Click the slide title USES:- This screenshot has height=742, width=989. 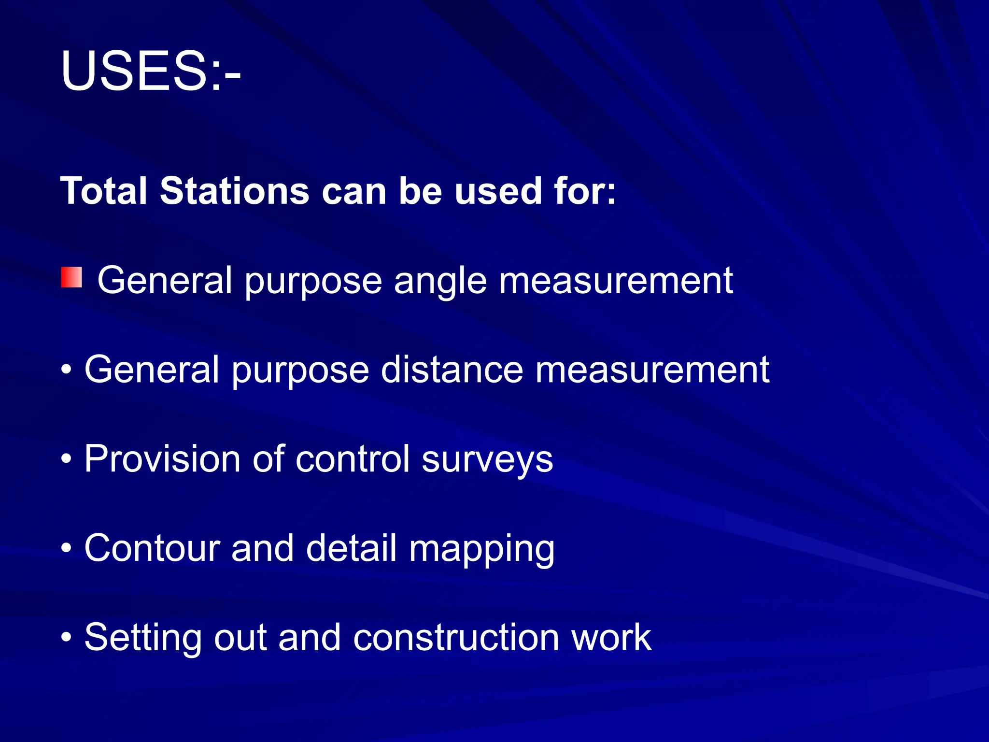[x=150, y=71]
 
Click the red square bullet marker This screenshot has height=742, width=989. [x=71, y=278]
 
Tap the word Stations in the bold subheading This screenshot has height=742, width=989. [x=234, y=191]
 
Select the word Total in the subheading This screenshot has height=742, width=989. [x=103, y=191]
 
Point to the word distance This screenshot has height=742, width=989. [x=452, y=370]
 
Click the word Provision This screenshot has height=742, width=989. [x=162, y=459]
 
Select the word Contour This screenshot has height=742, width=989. [x=152, y=548]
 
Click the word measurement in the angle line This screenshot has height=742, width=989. [x=616, y=281]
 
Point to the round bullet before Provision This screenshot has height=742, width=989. [x=67, y=459]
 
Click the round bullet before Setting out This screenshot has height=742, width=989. [x=67, y=638]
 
